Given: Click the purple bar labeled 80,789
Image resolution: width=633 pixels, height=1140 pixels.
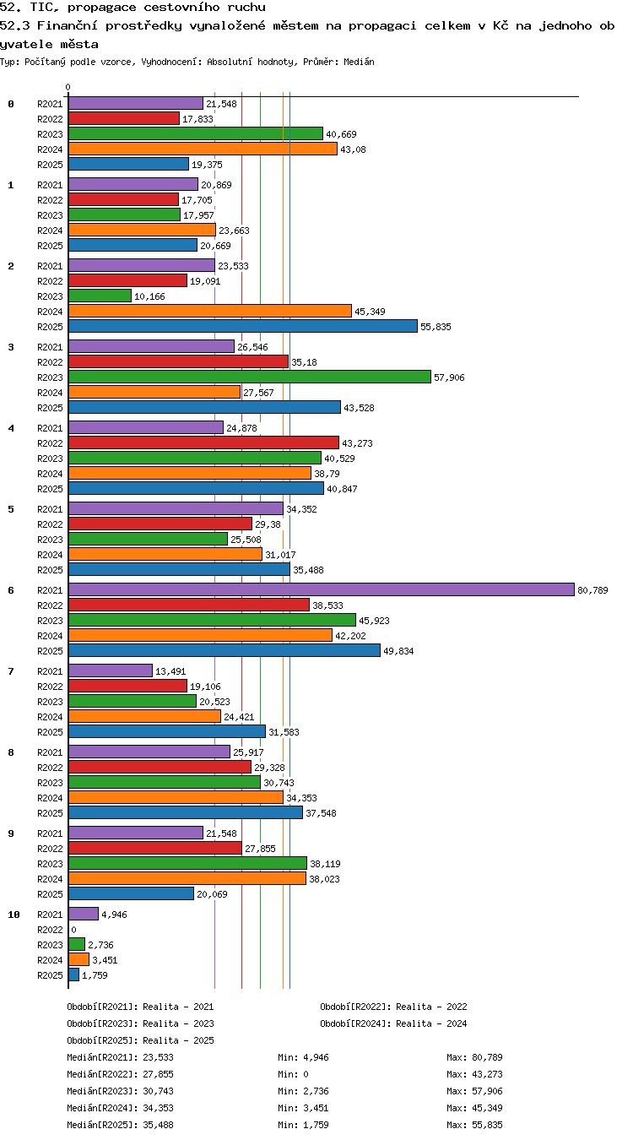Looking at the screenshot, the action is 322,589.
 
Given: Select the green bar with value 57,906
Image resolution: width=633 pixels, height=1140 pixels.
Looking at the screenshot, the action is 250,377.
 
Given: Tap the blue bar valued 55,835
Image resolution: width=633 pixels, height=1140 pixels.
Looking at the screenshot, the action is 243,326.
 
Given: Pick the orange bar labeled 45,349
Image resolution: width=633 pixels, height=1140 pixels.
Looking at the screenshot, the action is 210,311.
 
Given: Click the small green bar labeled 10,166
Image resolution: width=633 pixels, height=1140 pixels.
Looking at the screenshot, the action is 100,296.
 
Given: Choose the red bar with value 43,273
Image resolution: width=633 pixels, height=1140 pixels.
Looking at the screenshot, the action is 203,442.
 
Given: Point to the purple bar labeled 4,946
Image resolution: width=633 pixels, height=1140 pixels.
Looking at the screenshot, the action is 84,914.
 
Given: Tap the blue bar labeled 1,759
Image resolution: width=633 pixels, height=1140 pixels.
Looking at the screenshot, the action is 73,974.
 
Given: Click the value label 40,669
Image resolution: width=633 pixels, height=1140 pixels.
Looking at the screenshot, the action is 342,134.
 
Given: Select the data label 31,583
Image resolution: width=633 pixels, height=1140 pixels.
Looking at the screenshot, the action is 284,732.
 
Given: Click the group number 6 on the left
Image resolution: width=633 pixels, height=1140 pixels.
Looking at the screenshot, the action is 11,590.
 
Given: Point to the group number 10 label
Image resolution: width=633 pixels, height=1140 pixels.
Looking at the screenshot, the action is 14,915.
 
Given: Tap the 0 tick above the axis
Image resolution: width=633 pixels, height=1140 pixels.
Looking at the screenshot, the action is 68,88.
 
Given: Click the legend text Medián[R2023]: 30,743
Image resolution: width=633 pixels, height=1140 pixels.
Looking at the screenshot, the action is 120,1091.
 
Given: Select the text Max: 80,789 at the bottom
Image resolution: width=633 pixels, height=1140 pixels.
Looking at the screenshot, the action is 474,1057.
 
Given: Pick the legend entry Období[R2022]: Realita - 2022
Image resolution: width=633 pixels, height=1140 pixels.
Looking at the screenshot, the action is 393,1007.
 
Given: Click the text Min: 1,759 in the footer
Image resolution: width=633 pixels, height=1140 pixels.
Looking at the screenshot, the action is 303,1125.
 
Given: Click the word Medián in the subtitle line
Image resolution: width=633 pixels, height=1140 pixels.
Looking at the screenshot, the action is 359,62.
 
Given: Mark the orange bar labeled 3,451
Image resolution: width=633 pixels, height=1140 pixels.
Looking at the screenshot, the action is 78,959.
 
